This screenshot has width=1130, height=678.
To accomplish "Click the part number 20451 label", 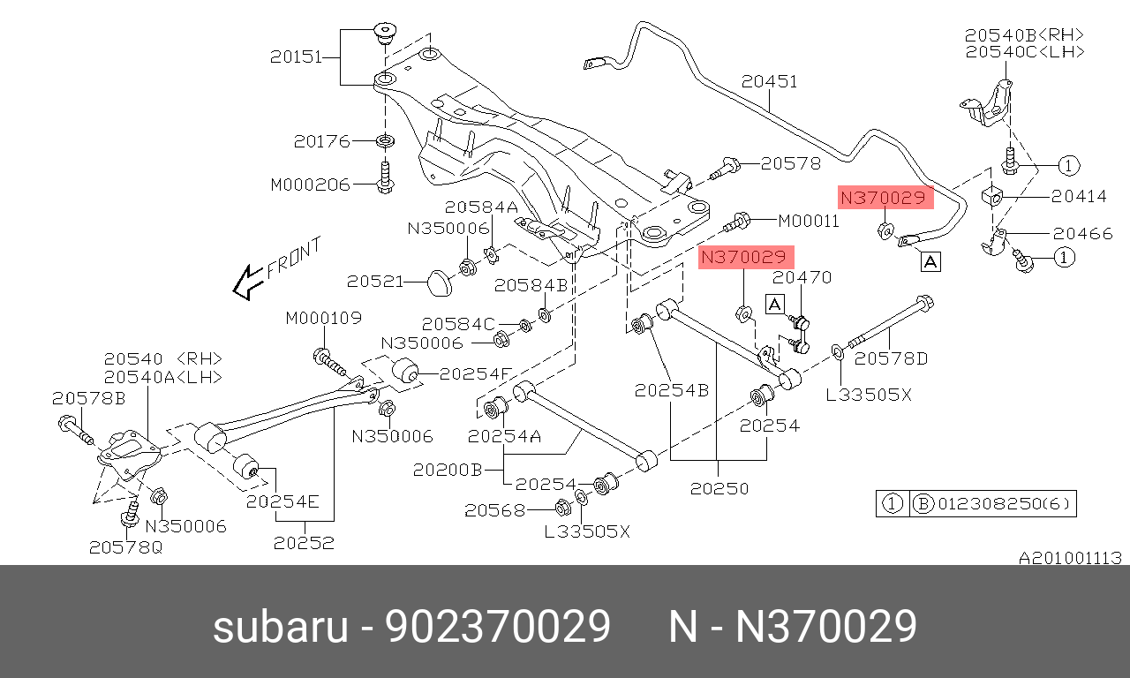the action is (769, 82).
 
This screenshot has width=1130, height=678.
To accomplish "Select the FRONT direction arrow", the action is (244, 282).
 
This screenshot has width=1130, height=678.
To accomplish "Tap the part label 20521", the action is (374, 282).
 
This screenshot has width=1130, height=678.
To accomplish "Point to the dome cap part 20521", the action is (438, 282).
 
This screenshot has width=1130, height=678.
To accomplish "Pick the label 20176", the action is (322, 141).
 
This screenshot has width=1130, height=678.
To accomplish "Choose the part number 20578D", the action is (892, 358).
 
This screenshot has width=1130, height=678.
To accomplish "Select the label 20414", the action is (1078, 197).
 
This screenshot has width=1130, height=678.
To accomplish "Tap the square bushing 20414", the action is (992, 197).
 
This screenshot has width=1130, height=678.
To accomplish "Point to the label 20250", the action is (719, 488).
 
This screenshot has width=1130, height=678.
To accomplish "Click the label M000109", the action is (323, 318).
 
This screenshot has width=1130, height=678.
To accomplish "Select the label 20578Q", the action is (125, 547).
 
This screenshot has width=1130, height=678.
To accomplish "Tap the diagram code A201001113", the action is (1070, 558).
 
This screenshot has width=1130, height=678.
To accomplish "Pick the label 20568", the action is (494, 509).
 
